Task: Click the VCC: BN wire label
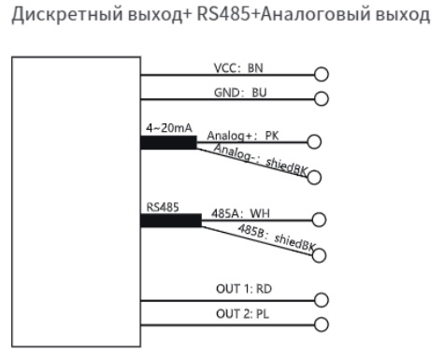point(236,67)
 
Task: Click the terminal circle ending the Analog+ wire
point(314,143)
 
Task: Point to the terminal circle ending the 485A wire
point(319,221)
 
